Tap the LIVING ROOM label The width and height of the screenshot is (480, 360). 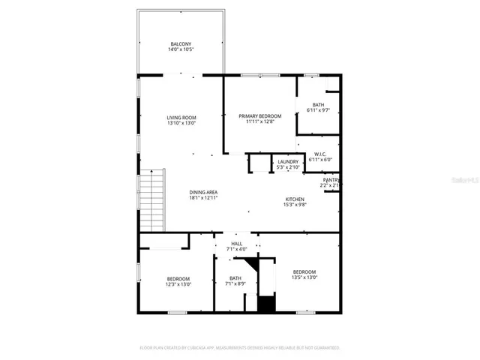[181, 117]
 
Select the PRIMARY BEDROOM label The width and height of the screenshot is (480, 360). [259, 115]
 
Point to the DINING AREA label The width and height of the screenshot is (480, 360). [202, 193]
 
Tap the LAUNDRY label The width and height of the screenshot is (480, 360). [288, 161]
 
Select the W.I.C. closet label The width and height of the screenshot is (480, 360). [319, 154]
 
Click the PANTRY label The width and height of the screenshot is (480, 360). [331, 180]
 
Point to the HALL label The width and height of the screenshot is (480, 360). [236, 244]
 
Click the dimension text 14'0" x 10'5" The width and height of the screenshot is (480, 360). [181, 50]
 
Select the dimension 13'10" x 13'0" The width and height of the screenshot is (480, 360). [181, 123]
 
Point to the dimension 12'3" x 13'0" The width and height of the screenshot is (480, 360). [178, 284]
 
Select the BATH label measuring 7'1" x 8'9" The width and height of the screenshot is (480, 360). [235, 278]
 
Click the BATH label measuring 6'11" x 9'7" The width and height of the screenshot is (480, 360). [319, 105]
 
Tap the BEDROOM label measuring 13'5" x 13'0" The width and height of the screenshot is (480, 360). [304, 271]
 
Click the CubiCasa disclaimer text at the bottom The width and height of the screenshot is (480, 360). [240, 348]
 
